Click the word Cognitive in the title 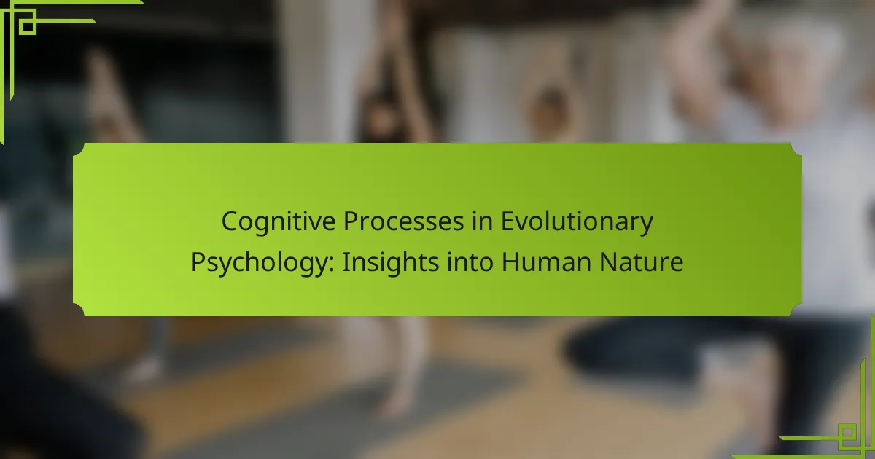(x=279, y=221)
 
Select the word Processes (x=403, y=221)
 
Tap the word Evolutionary (x=577, y=222)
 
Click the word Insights (x=391, y=262)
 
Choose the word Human (x=546, y=262)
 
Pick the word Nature (x=641, y=262)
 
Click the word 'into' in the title (x=470, y=262)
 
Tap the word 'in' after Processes (x=482, y=221)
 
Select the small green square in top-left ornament (x=28, y=26)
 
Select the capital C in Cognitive (x=230, y=221)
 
